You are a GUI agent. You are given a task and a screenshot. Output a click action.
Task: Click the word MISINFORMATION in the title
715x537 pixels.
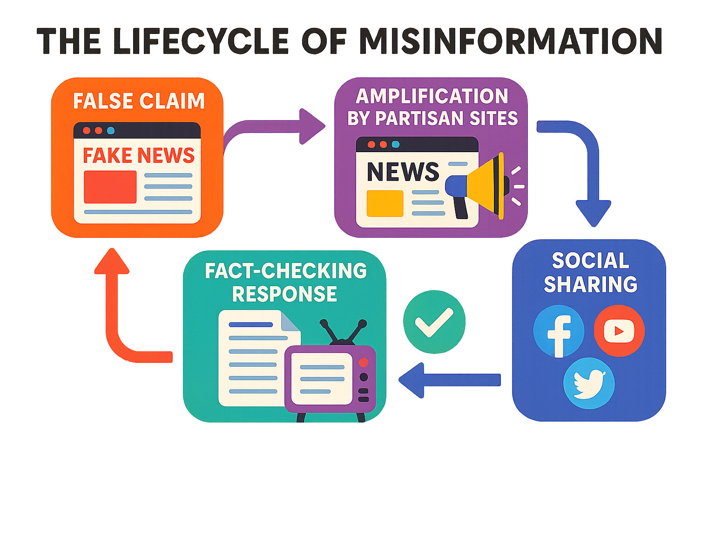click(x=510, y=41)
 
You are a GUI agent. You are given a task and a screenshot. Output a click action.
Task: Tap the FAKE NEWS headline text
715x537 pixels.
click(x=139, y=155)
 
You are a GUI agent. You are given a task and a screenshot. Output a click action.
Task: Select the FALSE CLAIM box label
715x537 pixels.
click(x=139, y=101)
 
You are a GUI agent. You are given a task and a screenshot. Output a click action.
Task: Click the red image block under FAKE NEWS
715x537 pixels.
click(x=110, y=187)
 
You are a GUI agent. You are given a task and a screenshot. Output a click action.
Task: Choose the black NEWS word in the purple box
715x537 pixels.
click(x=403, y=172)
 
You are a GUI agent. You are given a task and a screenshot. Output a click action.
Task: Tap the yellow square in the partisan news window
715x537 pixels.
click(x=385, y=203)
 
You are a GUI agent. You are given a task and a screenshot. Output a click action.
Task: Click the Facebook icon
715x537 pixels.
click(x=559, y=331)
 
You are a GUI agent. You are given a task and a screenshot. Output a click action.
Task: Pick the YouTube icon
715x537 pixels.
click(x=619, y=331)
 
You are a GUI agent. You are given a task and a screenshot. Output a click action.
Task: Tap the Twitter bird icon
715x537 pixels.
click(x=589, y=383)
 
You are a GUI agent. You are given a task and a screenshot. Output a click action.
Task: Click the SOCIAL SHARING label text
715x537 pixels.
click(x=590, y=273)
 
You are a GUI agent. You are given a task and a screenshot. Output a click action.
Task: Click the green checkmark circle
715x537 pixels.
click(x=434, y=322)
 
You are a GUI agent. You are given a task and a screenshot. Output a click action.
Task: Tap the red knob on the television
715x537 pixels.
click(x=364, y=362)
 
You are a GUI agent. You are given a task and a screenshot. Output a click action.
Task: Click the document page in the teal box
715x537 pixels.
click(x=251, y=358)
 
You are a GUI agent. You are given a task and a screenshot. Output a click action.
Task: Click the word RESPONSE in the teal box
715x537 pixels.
click(x=284, y=294)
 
